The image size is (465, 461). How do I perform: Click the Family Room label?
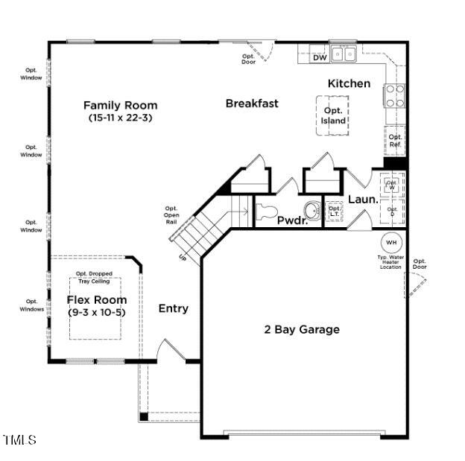pyautogui.click(x=120, y=105)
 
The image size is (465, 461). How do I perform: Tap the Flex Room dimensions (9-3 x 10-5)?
pyautogui.click(x=96, y=313)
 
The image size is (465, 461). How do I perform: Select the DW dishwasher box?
pyautogui.click(x=320, y=57)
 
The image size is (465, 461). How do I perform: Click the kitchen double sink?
pyautogui.click(x=344, y=54)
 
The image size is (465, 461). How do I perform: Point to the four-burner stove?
pyautogui.click(x=394, y=96)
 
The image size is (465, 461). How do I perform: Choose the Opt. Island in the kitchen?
pyautogui.click(x=333, y=115)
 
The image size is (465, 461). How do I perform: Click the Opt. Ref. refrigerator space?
pyautogui.click(x=395, y=141)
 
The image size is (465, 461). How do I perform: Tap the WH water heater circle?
pyautogui.click(x=391, y=243)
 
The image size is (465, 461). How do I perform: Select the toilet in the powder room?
pyautogui.click(x=267, y=211)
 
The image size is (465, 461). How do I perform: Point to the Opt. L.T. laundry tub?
pyautogui.click(x=334, y=212)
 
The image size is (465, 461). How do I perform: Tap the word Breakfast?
pyautogui.click(x=252, y=104)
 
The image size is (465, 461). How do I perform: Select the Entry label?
pyautogui.click(x=173, y=308)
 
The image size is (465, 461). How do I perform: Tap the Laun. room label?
pyautogui.click(x=363, y=200)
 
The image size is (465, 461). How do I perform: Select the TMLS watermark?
pyautogui.click(x=19, y=440)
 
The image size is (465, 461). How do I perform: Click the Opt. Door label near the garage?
pyautogui.click(x=420, y=264)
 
